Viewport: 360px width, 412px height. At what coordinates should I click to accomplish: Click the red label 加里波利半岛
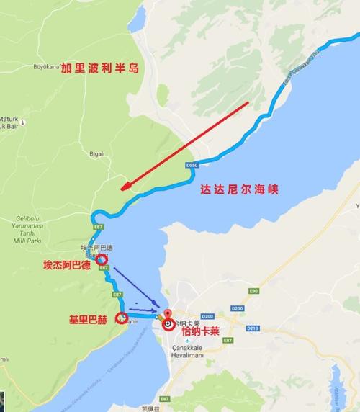[x=99, y=68]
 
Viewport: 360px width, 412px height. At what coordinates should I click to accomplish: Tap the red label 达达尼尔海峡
[x=240, y=191]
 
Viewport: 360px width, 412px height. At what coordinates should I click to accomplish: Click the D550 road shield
[x=191, y=165]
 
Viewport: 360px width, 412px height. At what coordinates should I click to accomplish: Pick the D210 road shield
[x=252, y=328]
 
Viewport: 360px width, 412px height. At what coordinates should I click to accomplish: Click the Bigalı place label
[x=95, y=153]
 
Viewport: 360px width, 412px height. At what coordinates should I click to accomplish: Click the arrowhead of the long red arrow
[x=125, y=189]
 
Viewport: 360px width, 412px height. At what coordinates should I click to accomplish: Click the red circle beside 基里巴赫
[x=122, y=318]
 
